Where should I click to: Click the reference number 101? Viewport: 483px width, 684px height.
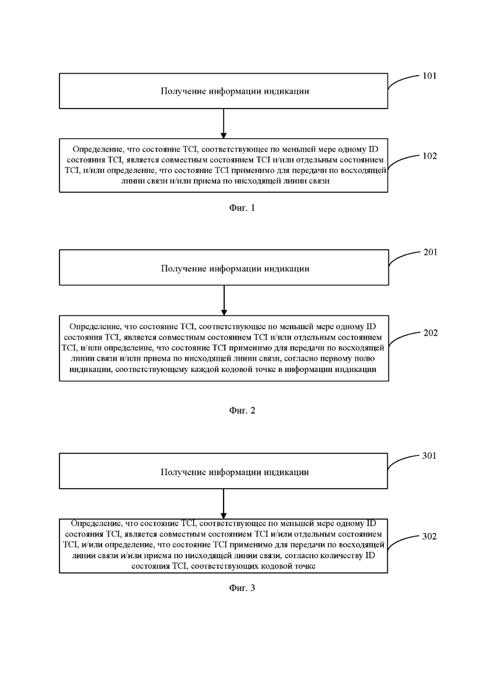click(429, 76)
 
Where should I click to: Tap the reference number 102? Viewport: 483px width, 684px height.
click(429, 156)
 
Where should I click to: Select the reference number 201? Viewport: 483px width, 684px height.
click(430, 252)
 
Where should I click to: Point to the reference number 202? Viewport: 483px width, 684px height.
click(430, 333)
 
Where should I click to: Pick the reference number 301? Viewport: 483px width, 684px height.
click(429, 456)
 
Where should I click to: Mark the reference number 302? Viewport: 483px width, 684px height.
click(429, 536)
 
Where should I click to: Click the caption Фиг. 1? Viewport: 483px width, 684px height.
click(242, 208)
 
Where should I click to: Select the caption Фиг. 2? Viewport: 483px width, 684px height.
click(242, 411)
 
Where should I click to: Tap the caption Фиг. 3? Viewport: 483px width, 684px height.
click(242, 588)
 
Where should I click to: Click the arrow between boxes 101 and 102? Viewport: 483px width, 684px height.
click(224, 124)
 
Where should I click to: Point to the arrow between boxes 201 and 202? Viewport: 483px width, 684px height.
click(224, 301)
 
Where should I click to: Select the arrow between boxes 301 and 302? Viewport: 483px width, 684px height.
click(224, 504)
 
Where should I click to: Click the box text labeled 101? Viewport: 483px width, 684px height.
click(235, 91)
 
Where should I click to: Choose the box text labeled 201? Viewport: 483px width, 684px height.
click(235, 269)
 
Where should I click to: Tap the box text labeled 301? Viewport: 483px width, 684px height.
click(235, 472)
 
